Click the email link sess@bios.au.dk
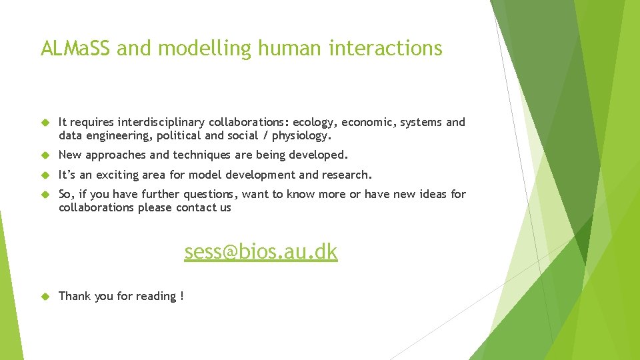[x=261, y=252]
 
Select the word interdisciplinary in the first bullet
[x=161, y=122]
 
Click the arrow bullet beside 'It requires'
[x=45, y=123]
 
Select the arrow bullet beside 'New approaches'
[x=45, y=155]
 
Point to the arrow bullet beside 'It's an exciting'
[x=45, y=175]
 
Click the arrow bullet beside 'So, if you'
[x=45, y=195]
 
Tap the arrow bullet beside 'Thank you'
[x=45, y=296]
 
